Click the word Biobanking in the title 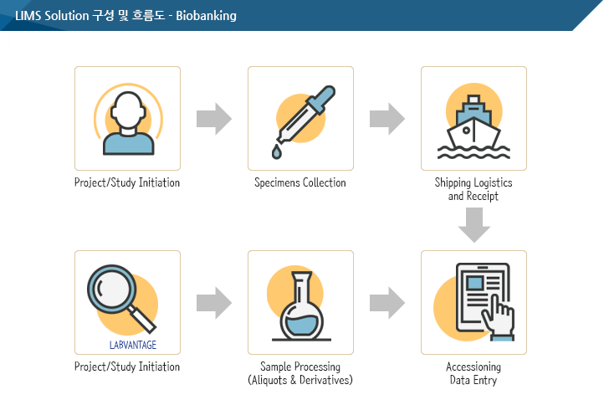(x=206, y=16)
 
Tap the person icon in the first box (x=128, y=123)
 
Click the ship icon (x=473, y=127)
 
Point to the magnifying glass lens (x=112, y=289)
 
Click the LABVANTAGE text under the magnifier (x=133, y=345)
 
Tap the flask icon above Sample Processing (x=301, y=306)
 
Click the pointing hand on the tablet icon (x=499, y=319)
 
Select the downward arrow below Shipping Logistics (x=474, y=225)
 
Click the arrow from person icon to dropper (x=214, y=119)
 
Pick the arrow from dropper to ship (x=387, y=119)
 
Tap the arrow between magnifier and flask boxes (x=214, y=303)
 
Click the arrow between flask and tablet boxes (x=387, y=303)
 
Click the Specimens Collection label (x=300, y=182)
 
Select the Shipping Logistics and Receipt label (x=473, y=189)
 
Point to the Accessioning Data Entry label (x=473, y=373)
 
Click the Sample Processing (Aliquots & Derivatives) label (x=300, y=373)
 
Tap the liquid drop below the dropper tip (x=277, y=151)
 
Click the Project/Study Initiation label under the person (x=127, y=182)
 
